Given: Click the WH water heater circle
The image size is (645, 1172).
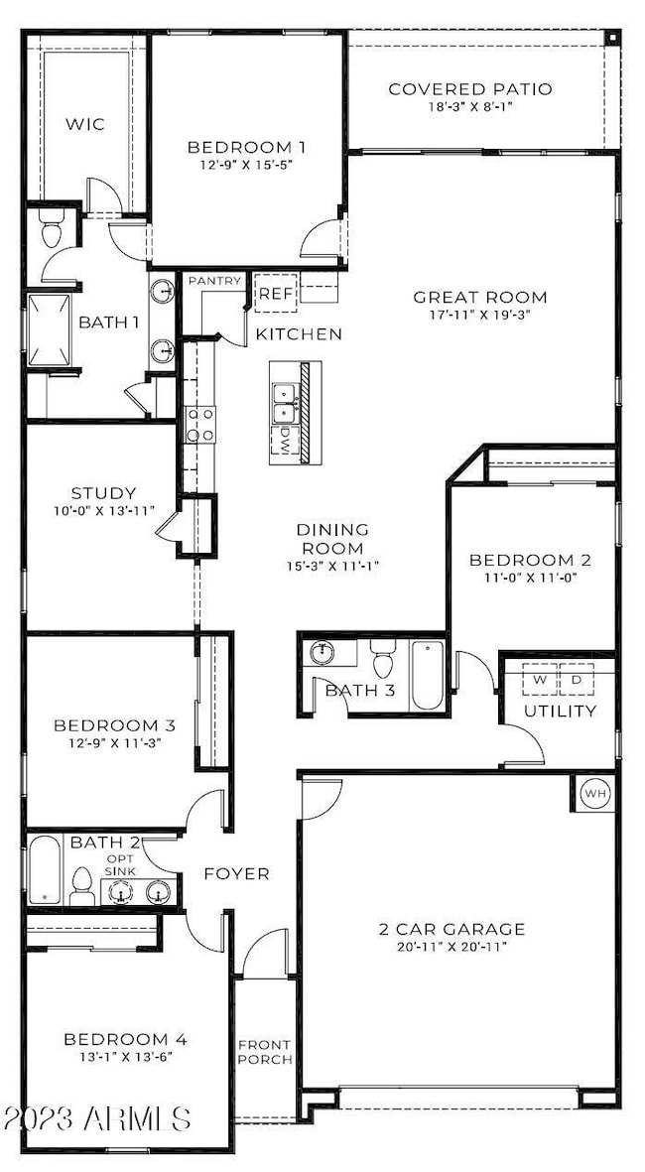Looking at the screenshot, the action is [x=595, y=793].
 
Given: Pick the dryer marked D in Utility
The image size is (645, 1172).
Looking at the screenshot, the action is [x=577, y=680].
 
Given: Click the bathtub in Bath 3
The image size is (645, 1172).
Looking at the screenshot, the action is [x=428, y=675].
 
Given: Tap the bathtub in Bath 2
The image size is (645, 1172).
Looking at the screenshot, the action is [x=46, y=870].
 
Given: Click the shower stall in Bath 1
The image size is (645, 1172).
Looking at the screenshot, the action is [x=50, y=330].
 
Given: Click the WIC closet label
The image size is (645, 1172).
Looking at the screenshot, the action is [x=84, y=123].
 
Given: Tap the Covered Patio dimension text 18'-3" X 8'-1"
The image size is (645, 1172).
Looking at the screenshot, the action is [x=470, y=106].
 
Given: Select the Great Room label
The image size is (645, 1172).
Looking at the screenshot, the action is [x=480, y=297].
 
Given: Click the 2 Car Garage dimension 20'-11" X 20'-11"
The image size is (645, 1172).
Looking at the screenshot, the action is [x=451, y=947].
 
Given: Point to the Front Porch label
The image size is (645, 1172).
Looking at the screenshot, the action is [x=265, y=1052].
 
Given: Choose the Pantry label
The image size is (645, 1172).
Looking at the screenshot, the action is [x=214, y=281].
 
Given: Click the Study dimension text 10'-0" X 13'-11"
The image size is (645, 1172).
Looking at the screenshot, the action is [x=103, y=510].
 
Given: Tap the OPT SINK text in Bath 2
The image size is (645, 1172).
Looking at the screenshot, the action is [x=120, y=864].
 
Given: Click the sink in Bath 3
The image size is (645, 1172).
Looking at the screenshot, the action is [x=324, y=653].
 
